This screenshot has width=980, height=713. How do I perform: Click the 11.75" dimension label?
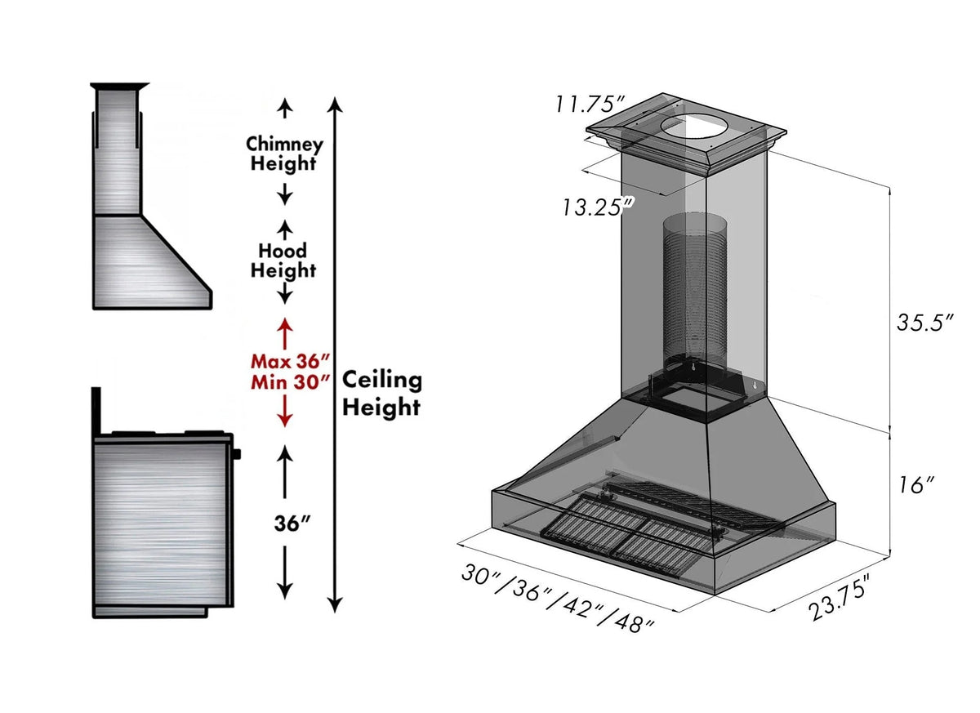(x=590, y=105)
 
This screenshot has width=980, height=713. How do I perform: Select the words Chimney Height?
(x=284, y=154)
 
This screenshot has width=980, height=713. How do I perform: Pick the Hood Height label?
(x=283, y=260)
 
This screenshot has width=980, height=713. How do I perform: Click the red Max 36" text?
(x=289, y=360)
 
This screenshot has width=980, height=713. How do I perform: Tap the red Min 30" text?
(x=289, y=380)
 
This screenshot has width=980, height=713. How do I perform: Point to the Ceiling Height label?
(x=381, y=392)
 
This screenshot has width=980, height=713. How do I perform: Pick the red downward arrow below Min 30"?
(x=284, y=410)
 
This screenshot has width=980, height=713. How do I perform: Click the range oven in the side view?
(x=160, y=523)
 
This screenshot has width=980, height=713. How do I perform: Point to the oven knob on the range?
(x=238, y=452)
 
